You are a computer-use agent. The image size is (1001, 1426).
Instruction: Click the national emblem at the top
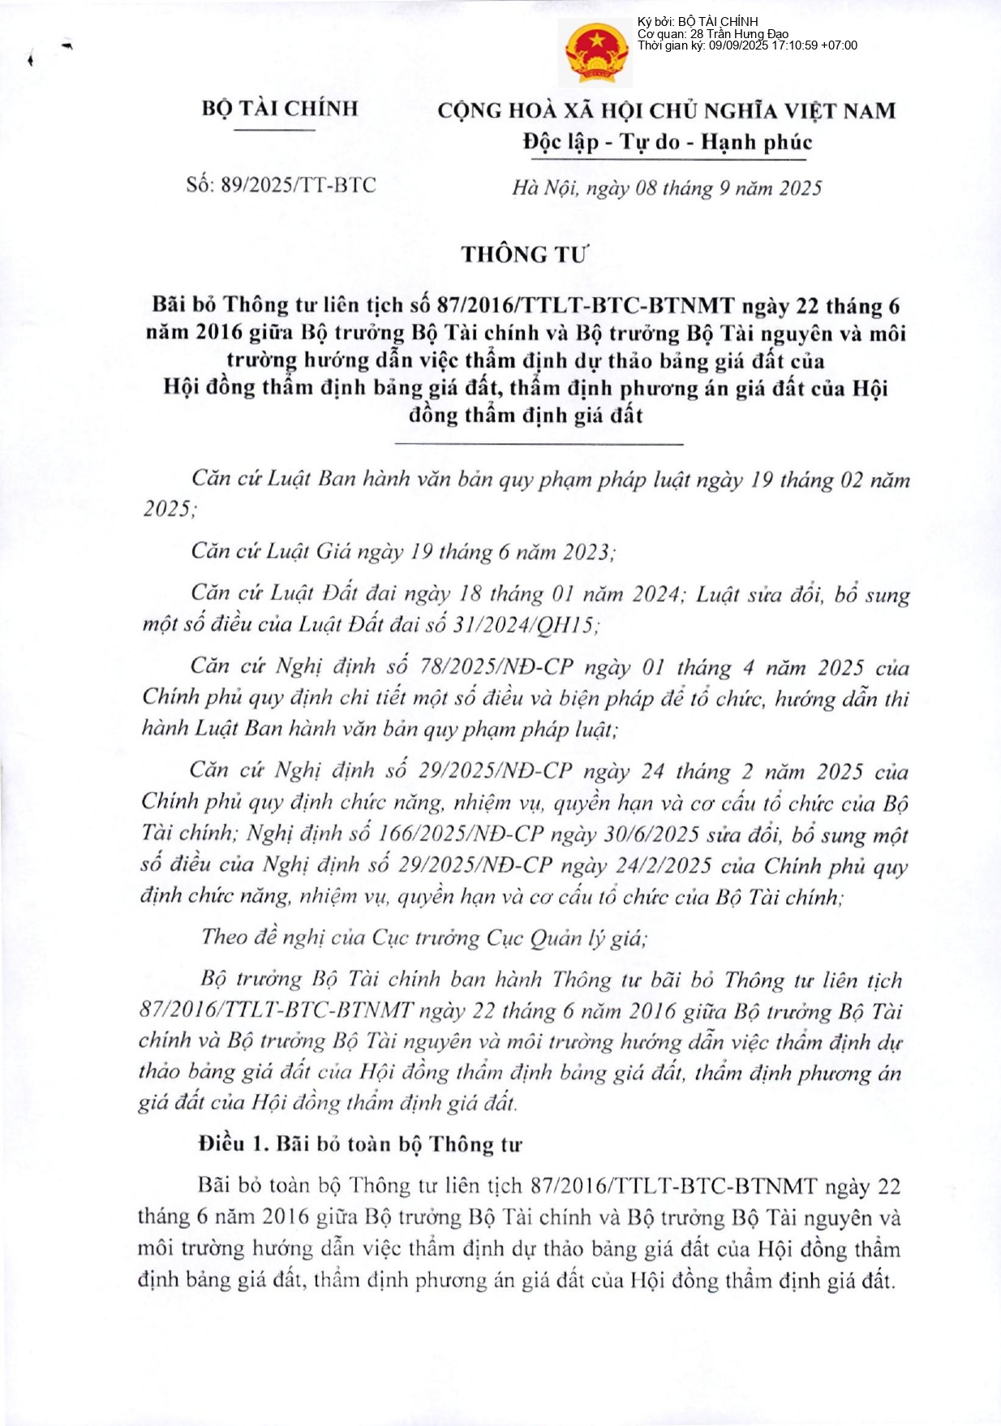[596, 54]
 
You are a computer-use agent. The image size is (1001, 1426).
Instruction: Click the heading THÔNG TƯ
[524, 255]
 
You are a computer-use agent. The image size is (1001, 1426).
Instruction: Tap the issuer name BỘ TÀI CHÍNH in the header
[280, 109]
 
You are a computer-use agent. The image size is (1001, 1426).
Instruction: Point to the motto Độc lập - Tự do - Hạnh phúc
[667, 143]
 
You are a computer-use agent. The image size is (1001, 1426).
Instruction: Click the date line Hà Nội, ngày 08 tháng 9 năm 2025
[667, 188]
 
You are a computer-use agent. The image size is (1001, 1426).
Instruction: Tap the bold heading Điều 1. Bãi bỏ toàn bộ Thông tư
[360, 1144]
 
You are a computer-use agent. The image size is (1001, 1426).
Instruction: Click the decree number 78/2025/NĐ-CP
[496, 667]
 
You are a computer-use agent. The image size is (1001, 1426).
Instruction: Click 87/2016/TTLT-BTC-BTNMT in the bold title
[585, 306]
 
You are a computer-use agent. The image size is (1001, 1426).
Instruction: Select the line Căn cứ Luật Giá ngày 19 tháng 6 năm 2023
[403, 552]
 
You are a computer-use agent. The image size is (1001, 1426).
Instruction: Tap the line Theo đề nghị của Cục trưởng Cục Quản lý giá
[424, 938]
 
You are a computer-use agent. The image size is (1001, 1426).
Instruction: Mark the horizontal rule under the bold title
[538, 444]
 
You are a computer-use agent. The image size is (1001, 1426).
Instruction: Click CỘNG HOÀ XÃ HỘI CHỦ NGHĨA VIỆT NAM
[667, 110]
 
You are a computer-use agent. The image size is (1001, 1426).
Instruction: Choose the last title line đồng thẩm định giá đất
[526, 416]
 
